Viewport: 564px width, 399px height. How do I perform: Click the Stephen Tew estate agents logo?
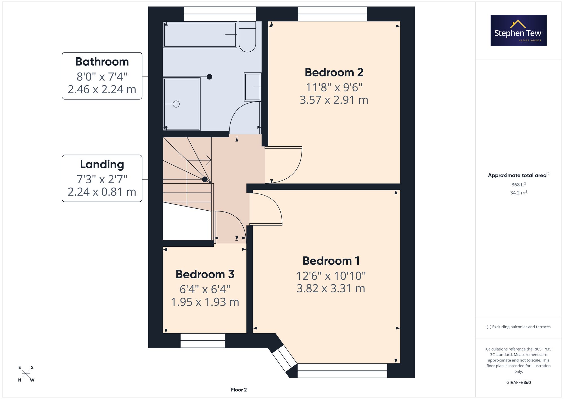519,30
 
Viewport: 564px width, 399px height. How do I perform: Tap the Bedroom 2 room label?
334,72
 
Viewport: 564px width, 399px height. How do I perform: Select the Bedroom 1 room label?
331,261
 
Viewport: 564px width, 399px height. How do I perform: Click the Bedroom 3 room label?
205,274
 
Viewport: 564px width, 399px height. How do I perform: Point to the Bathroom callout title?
102,62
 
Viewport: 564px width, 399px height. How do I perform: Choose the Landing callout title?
102,164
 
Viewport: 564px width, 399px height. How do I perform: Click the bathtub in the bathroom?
200,35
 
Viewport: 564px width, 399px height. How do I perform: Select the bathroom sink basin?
253,87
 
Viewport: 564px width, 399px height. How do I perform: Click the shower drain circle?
176,104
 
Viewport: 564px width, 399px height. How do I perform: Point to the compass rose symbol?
26,374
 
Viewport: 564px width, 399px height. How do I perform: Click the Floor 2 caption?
239,390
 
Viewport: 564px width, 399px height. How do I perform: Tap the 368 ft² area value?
519,184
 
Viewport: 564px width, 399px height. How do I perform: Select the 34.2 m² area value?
519,193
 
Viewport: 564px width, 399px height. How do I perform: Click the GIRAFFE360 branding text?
519,382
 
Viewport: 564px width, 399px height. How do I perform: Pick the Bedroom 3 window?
203,341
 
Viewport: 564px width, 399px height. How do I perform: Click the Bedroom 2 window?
333,14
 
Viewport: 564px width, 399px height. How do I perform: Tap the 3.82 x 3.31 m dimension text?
331,288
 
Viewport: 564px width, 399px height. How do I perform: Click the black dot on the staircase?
205,179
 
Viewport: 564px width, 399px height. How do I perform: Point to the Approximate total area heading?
519,175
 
